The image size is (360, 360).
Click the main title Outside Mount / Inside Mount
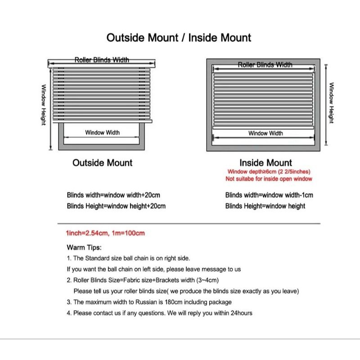(179, 37)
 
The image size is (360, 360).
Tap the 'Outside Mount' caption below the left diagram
(103, 163)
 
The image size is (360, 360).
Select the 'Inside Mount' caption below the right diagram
(265, 163)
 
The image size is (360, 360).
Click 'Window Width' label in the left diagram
(103, 133)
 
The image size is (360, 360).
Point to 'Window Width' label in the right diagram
(265, 133)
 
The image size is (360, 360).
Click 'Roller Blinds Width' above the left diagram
(102, 60)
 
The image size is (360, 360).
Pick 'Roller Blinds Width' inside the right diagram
(265, 65)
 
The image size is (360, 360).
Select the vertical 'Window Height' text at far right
(331, 103)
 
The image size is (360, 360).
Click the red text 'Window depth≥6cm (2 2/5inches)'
(269, 172)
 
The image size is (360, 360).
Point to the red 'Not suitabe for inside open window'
(269, 179)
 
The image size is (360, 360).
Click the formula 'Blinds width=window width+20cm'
(113, 195)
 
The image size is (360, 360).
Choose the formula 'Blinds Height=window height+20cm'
(116, 206)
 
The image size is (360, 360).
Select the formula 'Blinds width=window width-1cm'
(269, 195)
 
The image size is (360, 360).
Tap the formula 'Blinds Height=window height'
(265, 206)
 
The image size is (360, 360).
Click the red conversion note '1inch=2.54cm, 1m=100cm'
(105, 234)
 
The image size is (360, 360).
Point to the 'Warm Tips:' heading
(84, 247)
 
